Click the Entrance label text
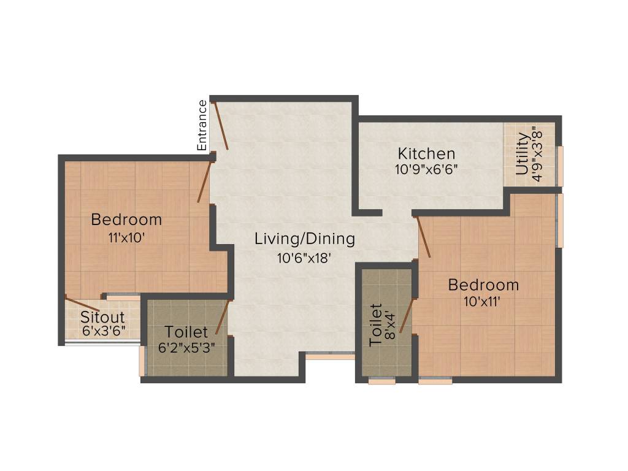202,125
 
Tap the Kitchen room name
426,153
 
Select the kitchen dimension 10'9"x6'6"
426,169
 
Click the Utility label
522,154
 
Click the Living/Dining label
305,239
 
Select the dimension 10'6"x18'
304,258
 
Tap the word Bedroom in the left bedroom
126,220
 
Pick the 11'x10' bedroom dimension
126,237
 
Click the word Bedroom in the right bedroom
483,285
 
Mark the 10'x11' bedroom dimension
484,302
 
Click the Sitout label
102,318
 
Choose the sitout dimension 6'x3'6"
102,331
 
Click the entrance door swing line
220,126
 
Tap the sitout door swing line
82,305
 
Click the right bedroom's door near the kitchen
424,237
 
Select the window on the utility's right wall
559,166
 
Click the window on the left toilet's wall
142,362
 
